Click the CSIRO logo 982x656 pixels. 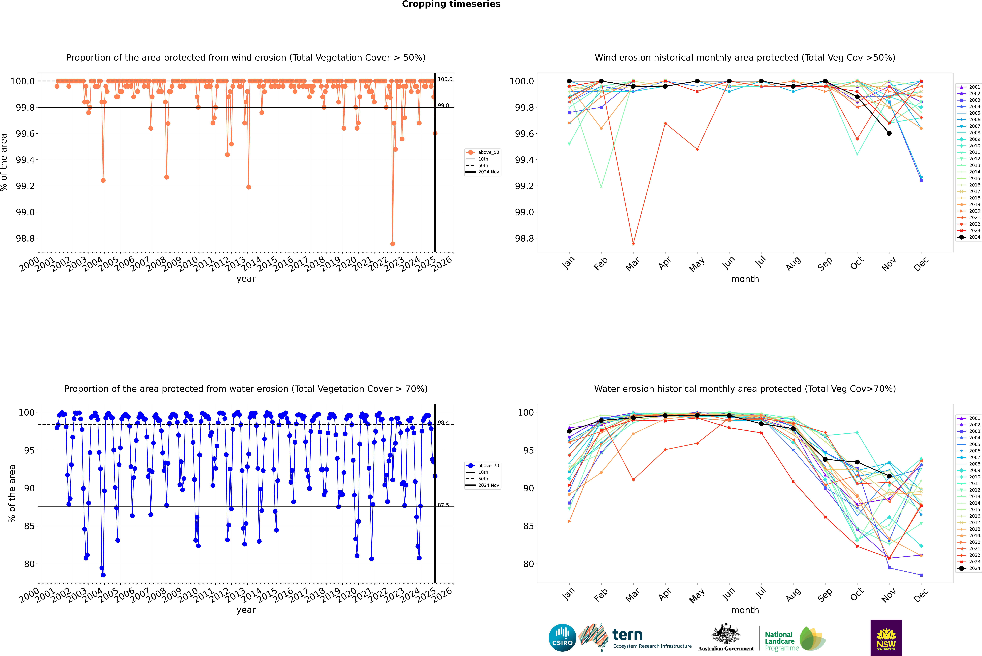click(x=562, y=638)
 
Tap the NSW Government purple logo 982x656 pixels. click(x=886, y=638)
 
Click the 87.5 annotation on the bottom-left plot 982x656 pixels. click(x=443, y=505)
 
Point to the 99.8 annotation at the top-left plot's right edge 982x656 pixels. click(x=443, y=105)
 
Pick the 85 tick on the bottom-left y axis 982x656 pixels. click(x=29, y=526)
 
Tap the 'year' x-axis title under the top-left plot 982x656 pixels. click(x=246, y=279)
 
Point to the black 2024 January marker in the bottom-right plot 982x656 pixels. click(x=569, y=431)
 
